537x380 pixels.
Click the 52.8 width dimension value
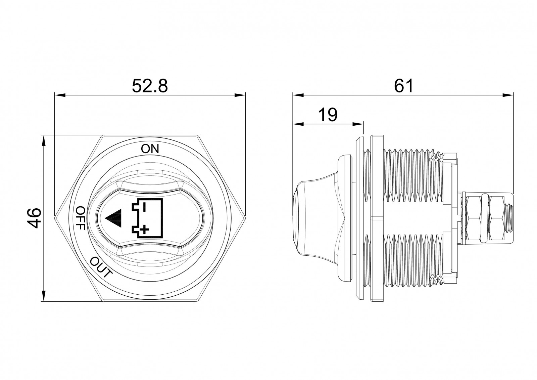tap(150, 86)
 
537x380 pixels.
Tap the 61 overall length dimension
tap(404, 86)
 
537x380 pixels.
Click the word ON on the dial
tap(150, 149)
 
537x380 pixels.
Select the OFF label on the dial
tap(81, 218)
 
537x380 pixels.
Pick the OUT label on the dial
tap(101, 267)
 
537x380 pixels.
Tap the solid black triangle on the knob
tap(113, 218)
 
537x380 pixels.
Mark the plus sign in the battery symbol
tap(144, 230)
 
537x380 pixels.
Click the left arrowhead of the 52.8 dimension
tap(60, 95)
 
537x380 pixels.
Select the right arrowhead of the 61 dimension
tap(508, 95)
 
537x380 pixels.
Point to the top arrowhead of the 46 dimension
tap(43, 140)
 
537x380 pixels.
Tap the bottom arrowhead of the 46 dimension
tap(43, 296)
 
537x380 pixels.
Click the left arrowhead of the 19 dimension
tap(298, 124)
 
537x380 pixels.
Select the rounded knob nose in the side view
tap(297, 219)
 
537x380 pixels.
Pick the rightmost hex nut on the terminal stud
tap(496, 218)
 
